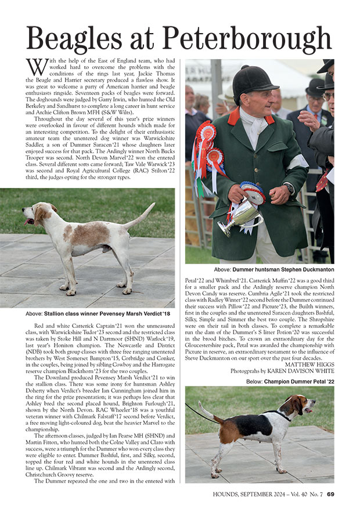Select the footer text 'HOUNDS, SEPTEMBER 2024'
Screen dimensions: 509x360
pyautogui.click(x=242, y=494)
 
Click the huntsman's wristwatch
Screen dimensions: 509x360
pyautogui.click(x=290, y=188)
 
